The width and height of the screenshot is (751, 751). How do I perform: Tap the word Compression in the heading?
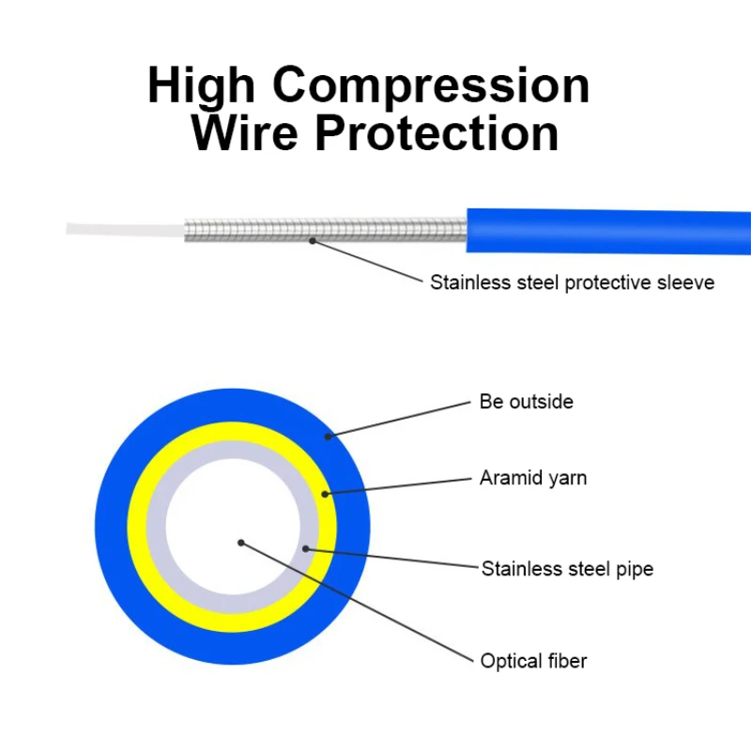click(x=431, y=86)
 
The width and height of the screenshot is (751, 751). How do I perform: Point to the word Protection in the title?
click(x=437, y=133)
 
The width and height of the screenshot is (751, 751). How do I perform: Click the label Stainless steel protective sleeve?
click(x=572, y=283)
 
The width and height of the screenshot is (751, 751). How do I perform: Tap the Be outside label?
click(x=526, y=402)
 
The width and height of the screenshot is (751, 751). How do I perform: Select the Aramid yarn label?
click(x=533, y=478)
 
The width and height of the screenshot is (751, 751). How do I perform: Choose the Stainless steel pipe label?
click(x=567, y=569)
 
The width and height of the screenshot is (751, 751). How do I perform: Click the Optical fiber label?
click(x=533, y=661)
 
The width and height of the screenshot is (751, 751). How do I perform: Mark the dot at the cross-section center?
click(x=241, y=543)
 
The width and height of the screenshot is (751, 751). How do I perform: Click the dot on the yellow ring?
click(x=325, y=494)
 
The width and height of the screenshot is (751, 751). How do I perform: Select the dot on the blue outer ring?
click(x=328, y=437)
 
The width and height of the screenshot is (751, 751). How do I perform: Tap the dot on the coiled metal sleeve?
click(x=313, y=241)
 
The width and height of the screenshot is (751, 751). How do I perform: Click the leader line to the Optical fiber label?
click(x=357, y=602)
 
